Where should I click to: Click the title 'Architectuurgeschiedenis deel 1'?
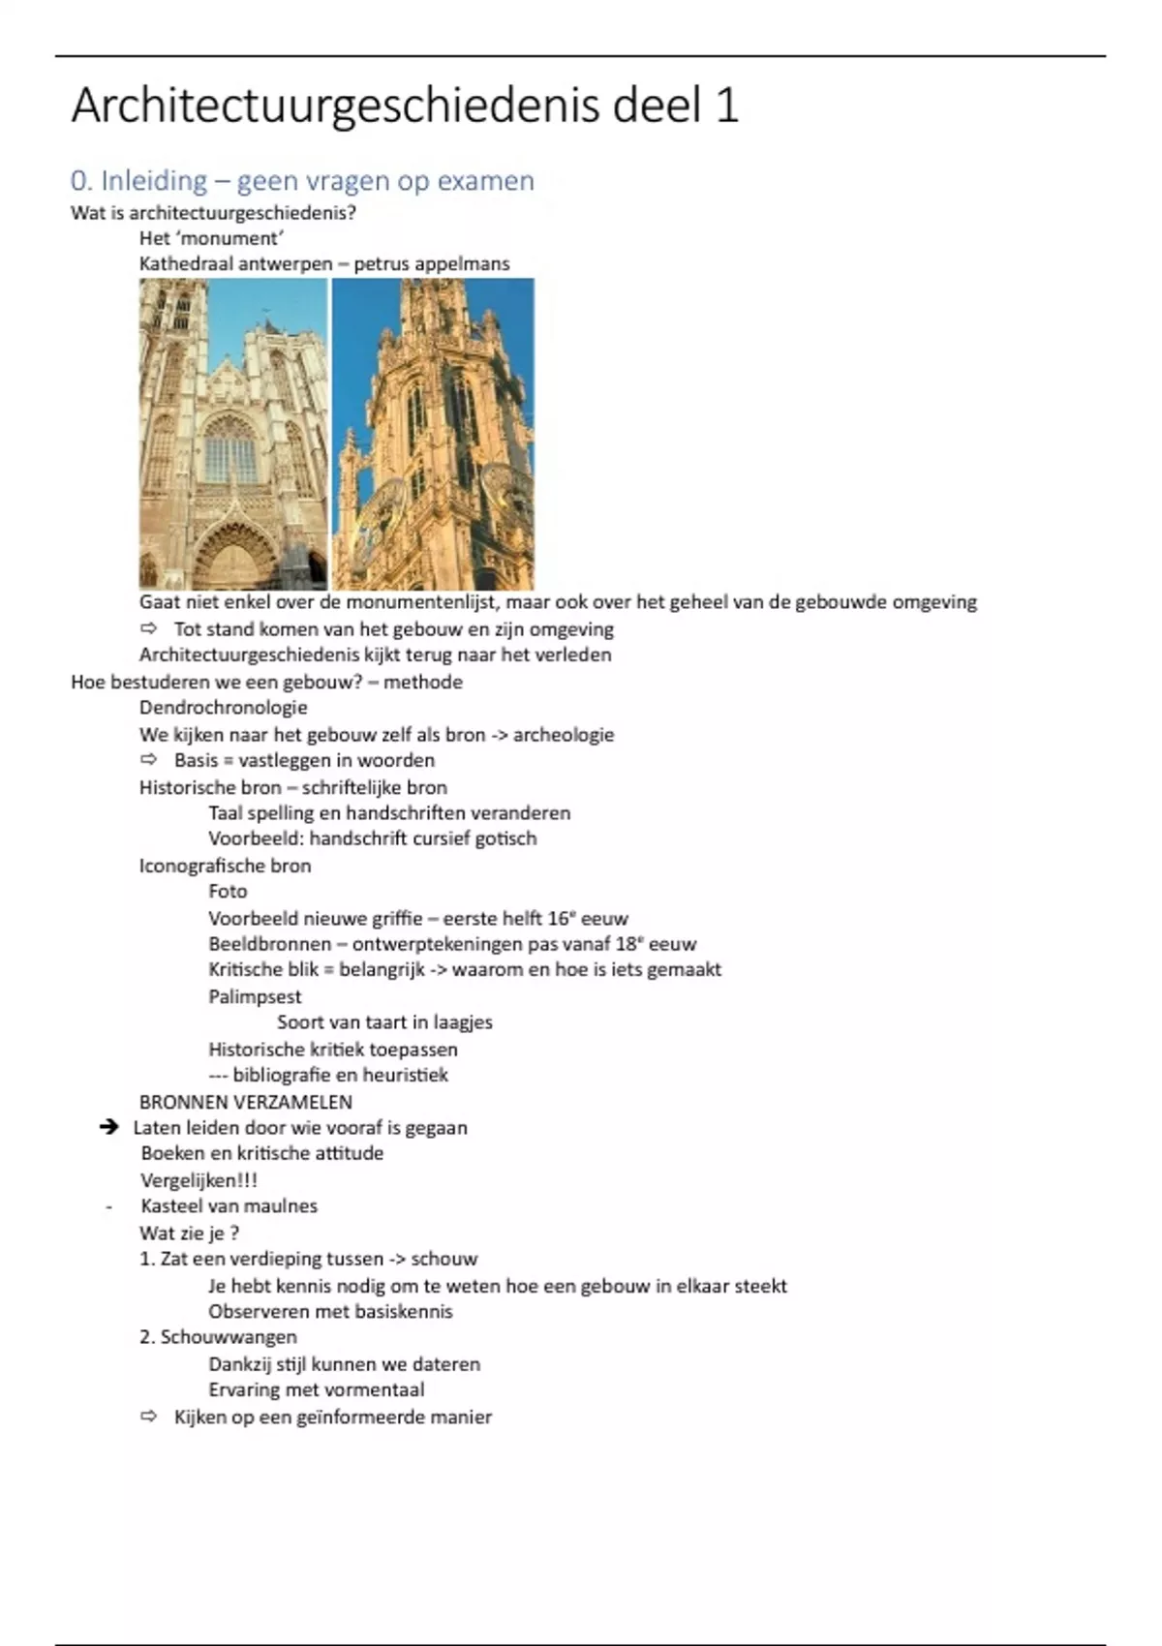tap(405, 106)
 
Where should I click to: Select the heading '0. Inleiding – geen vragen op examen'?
tap(302, 181)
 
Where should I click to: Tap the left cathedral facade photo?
tap(233, 434)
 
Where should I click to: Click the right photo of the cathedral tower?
tap(433, 434)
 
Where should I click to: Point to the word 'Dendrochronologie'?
tap(223, 708)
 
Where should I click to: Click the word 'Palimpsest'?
tap(255, 996)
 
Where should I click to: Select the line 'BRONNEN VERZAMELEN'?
tap(246, 1102)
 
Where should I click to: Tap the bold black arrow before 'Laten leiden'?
tap(109, 1127)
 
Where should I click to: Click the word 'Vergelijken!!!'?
tap(199, 1180)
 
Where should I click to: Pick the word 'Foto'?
tap(228, 892)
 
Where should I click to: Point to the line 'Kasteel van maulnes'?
tap(229, 1206)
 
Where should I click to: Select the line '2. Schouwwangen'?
tap(218, 1337)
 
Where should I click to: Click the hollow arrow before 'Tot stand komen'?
tap(148, 629)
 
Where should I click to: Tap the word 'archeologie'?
tap(564, 735)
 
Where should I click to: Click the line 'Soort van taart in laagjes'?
tap(384, 1022)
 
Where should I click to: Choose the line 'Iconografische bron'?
tap(225, 866)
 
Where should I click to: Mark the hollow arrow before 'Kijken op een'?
tap(148, 1417)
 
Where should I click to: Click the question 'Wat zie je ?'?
tap(189, 1234)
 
